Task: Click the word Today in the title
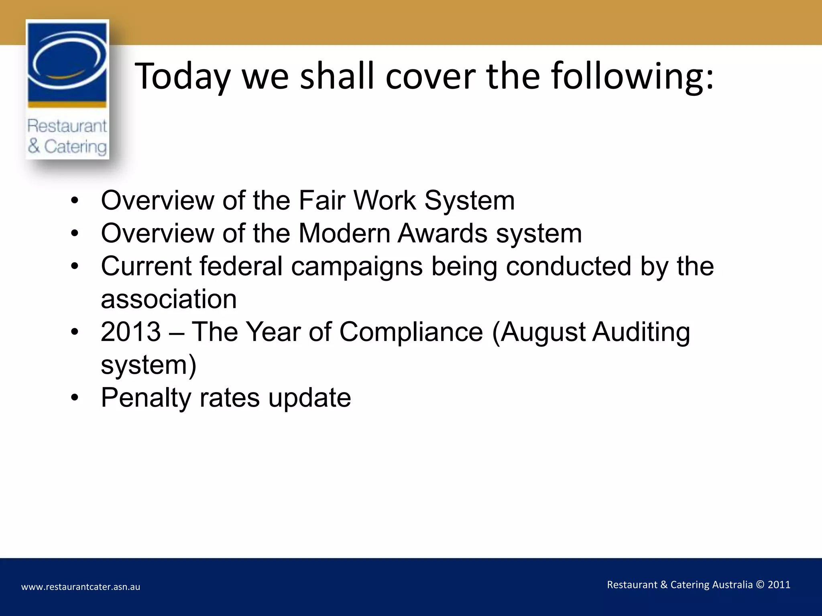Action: pyautogui.click(x=182, y=76)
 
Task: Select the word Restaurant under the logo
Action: pyautogui.click(x=67, y=126)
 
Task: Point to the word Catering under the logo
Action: pyautogui.click(x=75, y=147)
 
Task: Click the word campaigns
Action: pyautogui.click(x=357, y=267)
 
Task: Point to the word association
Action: pyautogui.click(x=169, y=299)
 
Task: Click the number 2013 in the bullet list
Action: pyautogui.click(x=131, y=332)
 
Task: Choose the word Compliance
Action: pyautogui.click(x=411, y=332)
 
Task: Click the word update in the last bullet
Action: pyautogui.click(x=309, y=398)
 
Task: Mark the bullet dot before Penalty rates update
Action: pyautogui.click(x=75, y=398)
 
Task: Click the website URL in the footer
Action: pyautogui.click(x=81, y=587)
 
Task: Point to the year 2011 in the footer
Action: pyautogui.click(x=779, y=585)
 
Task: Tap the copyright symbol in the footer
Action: pyautogui.click(x=760, y=585)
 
